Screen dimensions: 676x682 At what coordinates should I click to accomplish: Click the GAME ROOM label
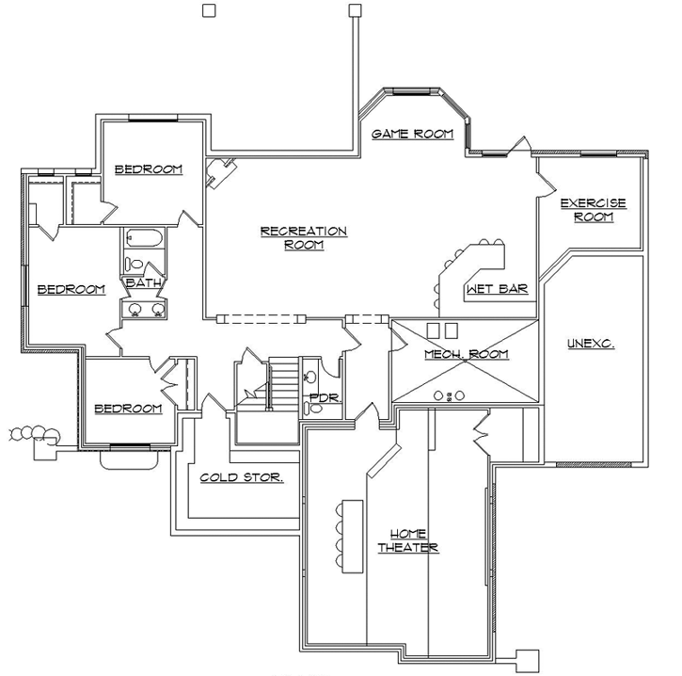[412, 135]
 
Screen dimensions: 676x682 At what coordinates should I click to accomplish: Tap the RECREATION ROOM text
[303, 238]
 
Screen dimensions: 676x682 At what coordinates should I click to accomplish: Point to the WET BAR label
[497, 289]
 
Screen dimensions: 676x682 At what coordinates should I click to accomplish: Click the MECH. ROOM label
[466, 354]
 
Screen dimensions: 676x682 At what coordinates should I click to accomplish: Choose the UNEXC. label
[591, 344]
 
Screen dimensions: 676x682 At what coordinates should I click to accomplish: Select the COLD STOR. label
[242, 477]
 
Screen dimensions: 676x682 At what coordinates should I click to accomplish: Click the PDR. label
[324, 397]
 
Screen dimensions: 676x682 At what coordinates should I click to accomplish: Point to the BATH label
[143, 282]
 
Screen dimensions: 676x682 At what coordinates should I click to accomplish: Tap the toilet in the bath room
[135, 265]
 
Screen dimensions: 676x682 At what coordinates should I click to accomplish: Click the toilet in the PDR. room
[313, 407]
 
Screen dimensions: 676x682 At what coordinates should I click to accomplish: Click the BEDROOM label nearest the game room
[148, 169]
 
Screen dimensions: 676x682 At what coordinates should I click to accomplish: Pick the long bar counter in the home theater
[351, 535]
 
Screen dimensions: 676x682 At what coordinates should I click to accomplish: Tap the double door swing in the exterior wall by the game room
[515, 145]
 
